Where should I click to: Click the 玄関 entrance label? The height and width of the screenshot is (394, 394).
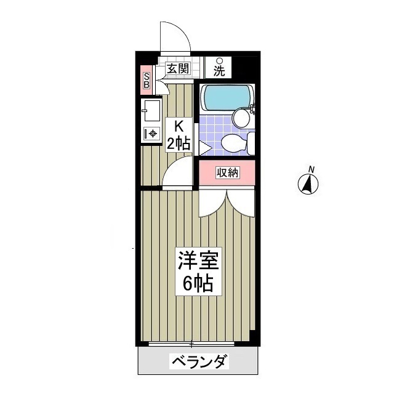(177, 69)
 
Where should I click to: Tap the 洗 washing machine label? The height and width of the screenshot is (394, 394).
(219, 70)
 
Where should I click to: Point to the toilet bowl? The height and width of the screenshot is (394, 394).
(233, 143)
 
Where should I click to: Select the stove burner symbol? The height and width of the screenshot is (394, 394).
(152, 133)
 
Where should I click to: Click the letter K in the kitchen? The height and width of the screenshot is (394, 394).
(179, 126)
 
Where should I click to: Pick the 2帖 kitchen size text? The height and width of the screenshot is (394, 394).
(179, 143)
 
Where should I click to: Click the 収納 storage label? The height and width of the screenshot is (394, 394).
(227, 172)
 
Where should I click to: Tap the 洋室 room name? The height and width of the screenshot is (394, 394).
(197, 260)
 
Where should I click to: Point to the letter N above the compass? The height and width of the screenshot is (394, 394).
(312, 169)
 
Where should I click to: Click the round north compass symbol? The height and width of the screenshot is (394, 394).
(308, 184)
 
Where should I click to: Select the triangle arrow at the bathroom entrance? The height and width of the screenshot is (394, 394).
(204, 148)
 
